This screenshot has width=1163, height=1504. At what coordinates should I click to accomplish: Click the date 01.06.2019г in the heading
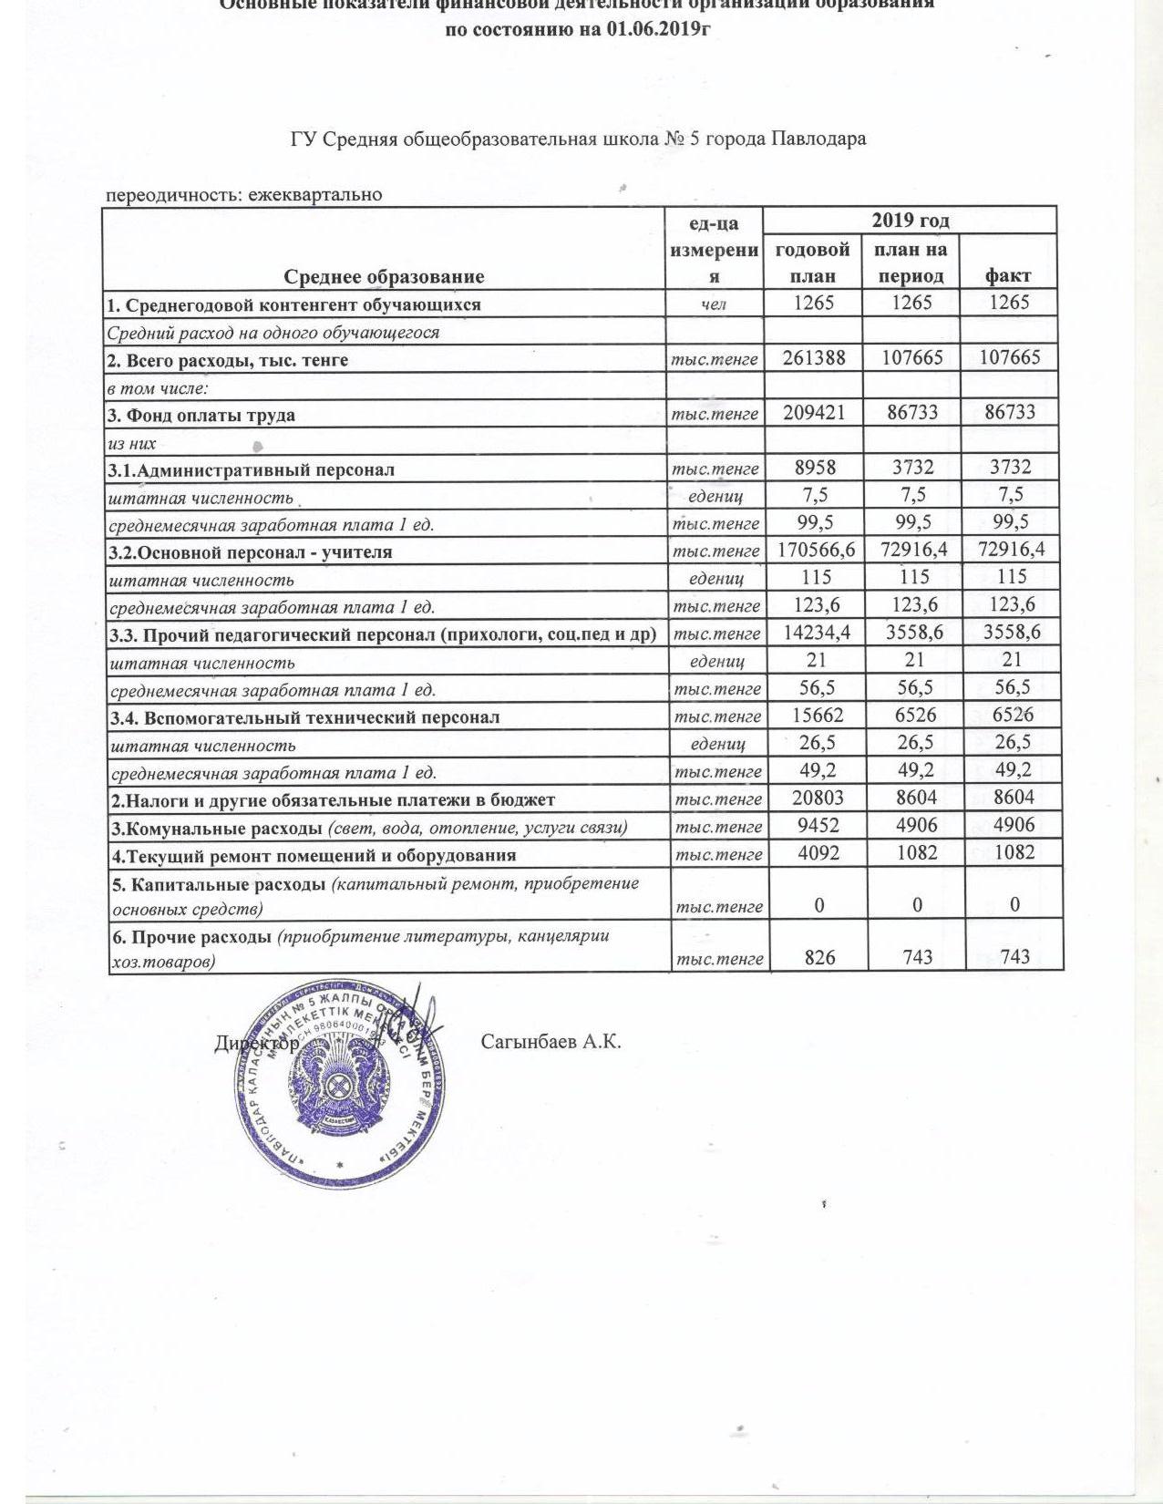pos(656,29)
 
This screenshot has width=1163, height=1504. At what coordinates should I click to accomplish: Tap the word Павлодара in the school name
pos(818,139)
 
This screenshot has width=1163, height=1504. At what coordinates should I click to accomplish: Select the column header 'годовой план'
pos(811,263)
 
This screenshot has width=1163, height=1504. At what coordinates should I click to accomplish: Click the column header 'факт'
pos(1007,275)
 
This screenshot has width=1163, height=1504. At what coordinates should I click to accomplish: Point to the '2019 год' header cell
pos(910,221)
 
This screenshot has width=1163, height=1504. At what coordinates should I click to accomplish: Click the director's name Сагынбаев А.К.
pos(551,1042)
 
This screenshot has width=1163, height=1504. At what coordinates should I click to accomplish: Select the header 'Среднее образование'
pos(384,276)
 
